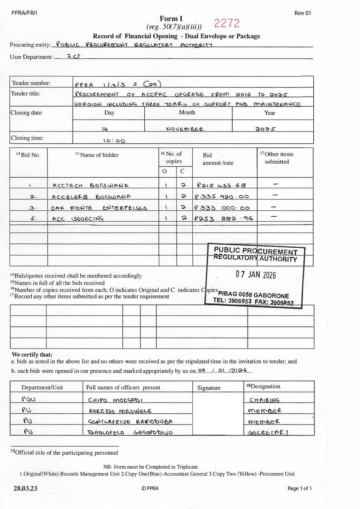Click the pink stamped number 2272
[227, 23]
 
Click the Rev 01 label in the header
[303, 13]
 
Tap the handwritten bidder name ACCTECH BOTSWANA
[90, 185]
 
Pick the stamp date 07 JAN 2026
[256, 275]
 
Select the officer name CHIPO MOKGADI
[115, 400]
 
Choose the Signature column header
[209, 388]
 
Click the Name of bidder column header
[97, 155]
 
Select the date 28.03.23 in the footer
[25, 488]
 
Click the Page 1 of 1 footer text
[299, 488]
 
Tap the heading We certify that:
[32, 355]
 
